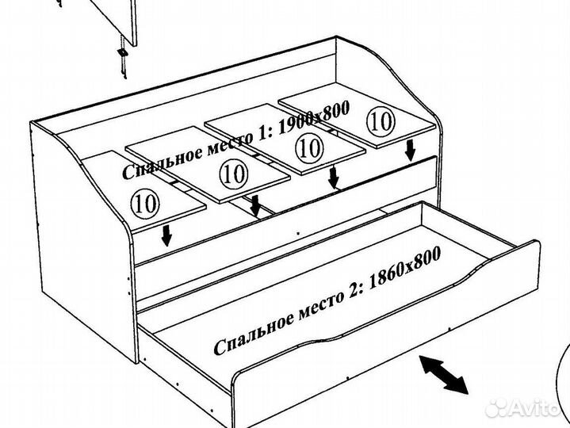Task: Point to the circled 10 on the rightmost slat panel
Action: pos(381,120)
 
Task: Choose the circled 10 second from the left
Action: pos(232,171)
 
